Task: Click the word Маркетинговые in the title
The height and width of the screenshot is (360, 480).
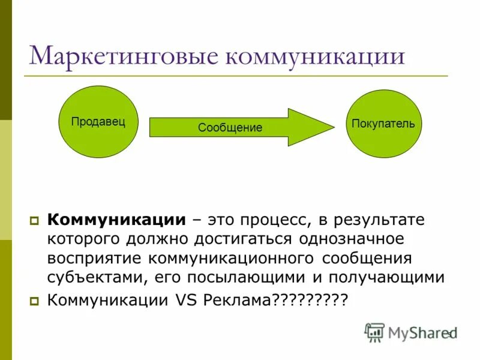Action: pos(124,56)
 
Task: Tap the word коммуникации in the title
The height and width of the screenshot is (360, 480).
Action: pos(315,56)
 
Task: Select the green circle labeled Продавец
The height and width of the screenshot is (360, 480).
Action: pos(98,122)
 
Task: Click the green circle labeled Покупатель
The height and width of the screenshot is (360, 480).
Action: pos(383,124)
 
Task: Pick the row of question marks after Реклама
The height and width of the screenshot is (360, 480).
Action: pos(310,300)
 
